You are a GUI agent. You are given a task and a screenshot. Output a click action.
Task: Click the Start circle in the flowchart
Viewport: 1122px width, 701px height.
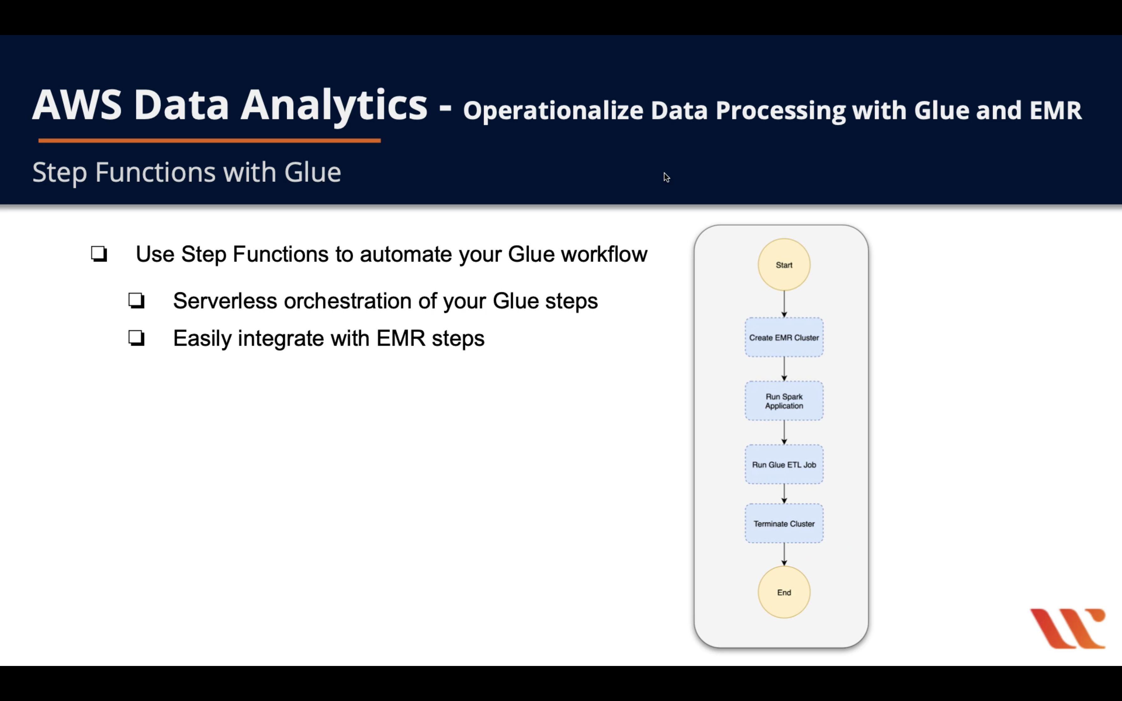pyautogui.click(x=784, y=265)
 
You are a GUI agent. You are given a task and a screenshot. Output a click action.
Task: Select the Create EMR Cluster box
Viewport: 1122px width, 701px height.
pyautogui.click(x=784, y=338)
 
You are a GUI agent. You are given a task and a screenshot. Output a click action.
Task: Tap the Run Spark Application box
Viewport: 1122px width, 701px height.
pyautogui.click(x=784, y=401)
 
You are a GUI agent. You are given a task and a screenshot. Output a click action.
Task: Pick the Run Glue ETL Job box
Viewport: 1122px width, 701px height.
pyautogui.click(x=784, y=464)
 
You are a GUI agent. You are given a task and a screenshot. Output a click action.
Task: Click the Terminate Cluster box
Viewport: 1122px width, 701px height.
pyautogui.click(x=784, y=524)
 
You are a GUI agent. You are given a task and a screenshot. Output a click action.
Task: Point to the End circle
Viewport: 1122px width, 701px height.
pyautogui.click(x=784, y=592)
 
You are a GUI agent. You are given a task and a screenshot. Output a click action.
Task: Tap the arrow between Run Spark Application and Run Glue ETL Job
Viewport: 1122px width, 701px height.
pyautogui.click(x=784, y=432)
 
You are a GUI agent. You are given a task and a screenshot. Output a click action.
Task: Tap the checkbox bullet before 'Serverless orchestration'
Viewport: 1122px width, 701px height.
pyautogui.click(x=136, y=301)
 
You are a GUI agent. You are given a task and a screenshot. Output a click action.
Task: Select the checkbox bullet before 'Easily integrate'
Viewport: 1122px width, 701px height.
pyautogui.click(x=136, y=338)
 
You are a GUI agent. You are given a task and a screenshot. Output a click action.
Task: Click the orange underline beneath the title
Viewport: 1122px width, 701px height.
pyautogui.click(x=209, y=140)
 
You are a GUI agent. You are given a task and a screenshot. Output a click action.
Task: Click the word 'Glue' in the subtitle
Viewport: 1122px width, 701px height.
pyautogui.click(x=312, y=172)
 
